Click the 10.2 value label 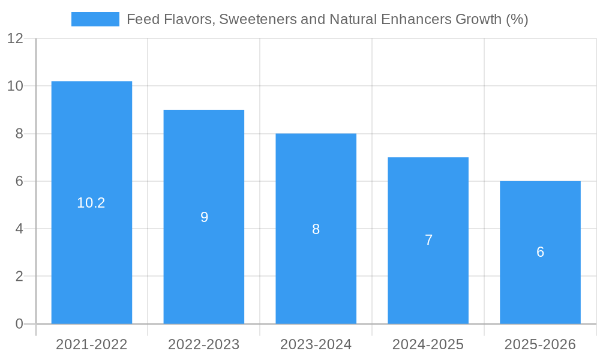[x=91, y=203]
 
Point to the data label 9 [x=204, y=217]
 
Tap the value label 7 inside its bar [x=428, y=240]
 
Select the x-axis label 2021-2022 [x=91, y=344]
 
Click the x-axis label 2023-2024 [x=316, y=344]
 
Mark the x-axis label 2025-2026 [x=540, y=344]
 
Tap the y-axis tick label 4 [x=19, y=229]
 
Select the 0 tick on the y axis [x=19, y=324]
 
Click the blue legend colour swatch [x=95, y=19]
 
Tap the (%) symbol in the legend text [x=517, y=19]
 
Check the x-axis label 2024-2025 [x=428, y=344]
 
